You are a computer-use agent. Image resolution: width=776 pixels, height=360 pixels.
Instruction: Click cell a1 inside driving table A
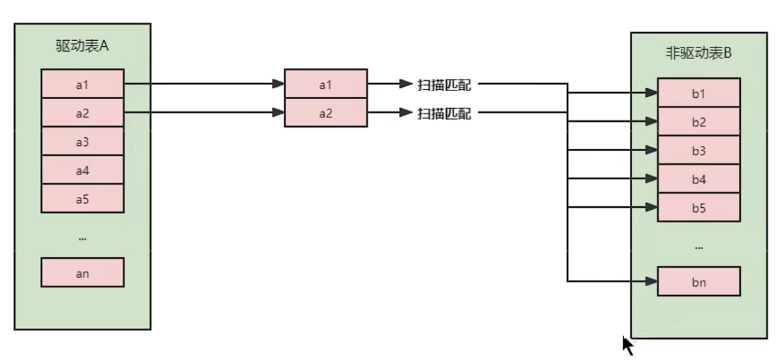tap(82, 84)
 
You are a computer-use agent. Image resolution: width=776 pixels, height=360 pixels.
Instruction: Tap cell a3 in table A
tap(82, 141)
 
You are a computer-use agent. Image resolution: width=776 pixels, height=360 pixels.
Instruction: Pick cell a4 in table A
tap(82, 170)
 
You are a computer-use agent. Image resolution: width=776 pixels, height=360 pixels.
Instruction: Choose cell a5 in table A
tap(82, 199)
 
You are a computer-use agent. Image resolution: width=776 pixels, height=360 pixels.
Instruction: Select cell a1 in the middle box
tap(326, 84)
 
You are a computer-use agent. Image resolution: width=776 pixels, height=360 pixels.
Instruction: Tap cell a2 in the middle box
tap(326, 112)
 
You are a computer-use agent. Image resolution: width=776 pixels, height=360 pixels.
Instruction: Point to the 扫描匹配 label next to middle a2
tap(444, 113)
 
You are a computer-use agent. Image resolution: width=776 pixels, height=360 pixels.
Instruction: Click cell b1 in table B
tap(699, 93)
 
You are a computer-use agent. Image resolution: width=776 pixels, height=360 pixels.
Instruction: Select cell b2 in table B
tap(699, 122)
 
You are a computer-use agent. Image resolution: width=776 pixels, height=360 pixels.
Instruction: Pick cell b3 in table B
tap(699, 150)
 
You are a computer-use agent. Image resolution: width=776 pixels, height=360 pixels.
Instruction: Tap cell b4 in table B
tap(699, 179)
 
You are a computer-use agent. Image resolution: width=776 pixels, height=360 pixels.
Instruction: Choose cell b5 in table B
tap(699, 208)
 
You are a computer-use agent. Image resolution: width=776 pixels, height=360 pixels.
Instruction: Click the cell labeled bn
tap(699, 281)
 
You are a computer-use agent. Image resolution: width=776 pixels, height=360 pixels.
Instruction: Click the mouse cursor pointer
tap(627, 344)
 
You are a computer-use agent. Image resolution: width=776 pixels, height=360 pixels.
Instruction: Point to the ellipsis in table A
tap(82, 238)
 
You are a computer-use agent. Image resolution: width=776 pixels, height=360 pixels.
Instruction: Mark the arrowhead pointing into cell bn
tap(652, 281)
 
